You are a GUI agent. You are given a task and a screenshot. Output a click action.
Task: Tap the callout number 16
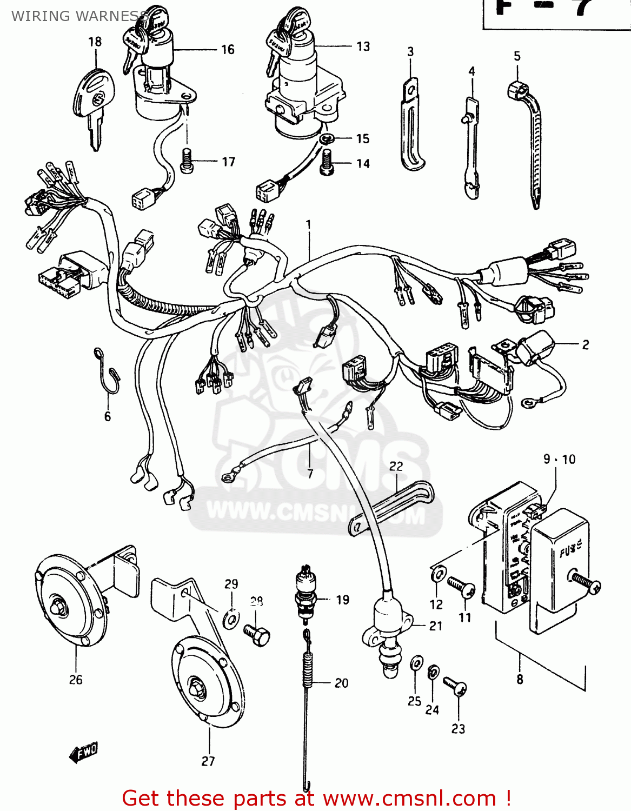[x=228, y=50]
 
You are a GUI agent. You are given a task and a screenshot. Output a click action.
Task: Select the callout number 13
[x=363, y=46]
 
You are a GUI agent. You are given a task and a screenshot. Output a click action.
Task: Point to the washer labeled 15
[x=326, y=139]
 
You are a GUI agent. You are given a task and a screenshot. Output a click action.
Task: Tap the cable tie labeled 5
[x=530, y=141]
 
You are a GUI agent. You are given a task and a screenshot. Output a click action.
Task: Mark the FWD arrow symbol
[x=83, y=752]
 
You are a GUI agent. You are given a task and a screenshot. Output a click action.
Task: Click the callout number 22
[x=396, y=466]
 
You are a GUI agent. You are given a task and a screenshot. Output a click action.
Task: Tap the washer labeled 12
[x=439, y=574]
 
